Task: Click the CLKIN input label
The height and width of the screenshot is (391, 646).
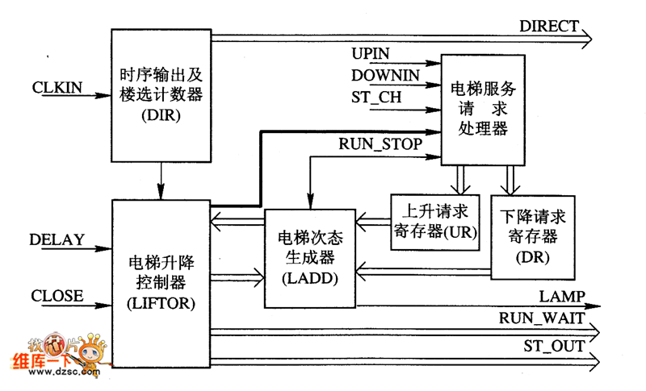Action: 56,85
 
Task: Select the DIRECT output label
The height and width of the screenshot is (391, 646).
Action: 549,26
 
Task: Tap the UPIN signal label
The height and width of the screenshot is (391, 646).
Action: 371,54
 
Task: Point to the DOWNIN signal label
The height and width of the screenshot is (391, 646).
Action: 385,75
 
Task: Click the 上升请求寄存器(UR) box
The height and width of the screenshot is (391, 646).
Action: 434,222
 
